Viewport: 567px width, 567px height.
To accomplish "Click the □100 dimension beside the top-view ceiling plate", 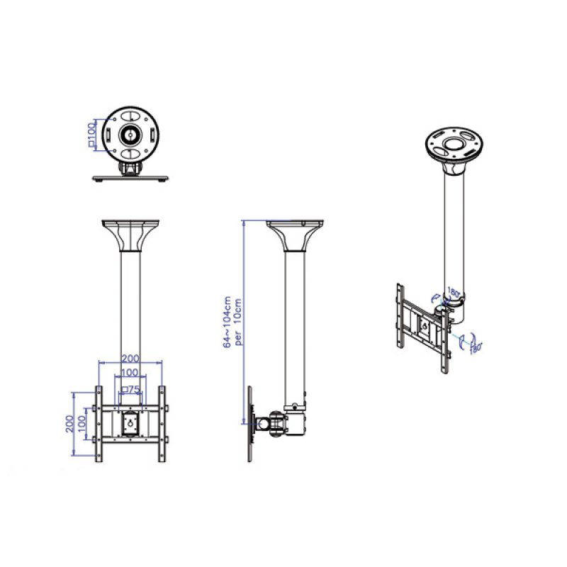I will click(91, 134).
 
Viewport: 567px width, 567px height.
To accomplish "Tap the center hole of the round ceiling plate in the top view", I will click(130, 133).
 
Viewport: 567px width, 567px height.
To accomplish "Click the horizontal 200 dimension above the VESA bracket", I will click(130, 359).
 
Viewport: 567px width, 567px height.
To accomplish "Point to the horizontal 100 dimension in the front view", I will click(130, 373).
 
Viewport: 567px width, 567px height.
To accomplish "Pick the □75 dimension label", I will click(130, 389).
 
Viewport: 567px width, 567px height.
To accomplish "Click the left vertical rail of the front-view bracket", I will click(99, 424).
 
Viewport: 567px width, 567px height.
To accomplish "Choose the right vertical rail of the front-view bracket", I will click(162, 424).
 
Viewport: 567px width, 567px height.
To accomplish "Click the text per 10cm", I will click(239, 322).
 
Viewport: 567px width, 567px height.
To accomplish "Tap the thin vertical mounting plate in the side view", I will click(251, 424).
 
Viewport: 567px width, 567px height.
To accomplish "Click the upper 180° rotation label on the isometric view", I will click(454, 291).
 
